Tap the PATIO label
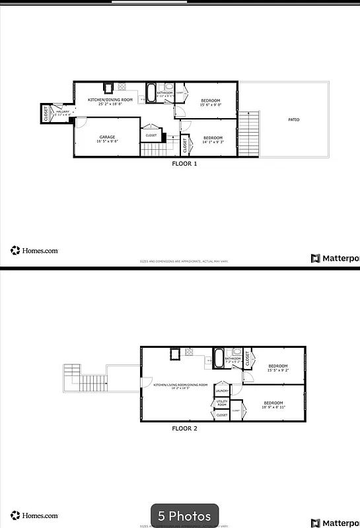[x=293, y=119]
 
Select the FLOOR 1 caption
[x=184, y=164]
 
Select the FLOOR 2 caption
[x=184, y=428]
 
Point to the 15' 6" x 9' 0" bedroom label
[x=212, y=102]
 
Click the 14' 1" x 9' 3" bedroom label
[x=213, y=139]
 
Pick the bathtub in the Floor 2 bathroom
[x=218, y=358]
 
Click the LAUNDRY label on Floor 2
[x=222, y=391]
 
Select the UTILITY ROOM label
[x=222, y=403]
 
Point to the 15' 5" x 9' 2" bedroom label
[x=277, y=368]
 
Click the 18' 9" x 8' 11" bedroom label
[x=273, y=405]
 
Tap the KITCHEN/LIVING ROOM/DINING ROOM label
[x=180, y=385]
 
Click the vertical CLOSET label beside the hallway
[x=46, y=114]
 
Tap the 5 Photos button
[x=184, y=515]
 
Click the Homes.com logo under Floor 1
[x=34, y=250]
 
